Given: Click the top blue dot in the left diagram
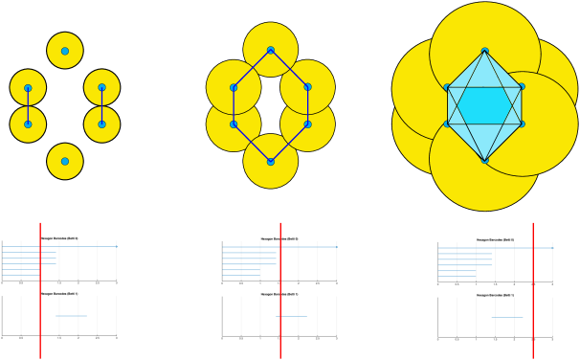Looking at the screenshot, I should coord(65,51).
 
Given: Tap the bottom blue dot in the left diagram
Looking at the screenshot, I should coord(65,161).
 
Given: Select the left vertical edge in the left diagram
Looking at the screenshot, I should coord(28,105).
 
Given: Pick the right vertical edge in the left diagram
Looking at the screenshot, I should coord(101,105).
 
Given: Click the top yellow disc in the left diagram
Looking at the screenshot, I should coord(65,38).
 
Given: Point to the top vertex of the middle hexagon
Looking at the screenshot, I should coord(271,50).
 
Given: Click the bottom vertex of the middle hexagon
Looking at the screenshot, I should coord(271,161).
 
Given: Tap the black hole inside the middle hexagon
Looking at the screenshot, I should coord(271,105).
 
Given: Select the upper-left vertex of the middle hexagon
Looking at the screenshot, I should coord(234,87).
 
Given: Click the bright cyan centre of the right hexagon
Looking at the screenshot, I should coord(484,105).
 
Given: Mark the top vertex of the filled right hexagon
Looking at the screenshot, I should coord(484,51).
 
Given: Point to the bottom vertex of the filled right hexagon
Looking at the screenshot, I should coord(484,160).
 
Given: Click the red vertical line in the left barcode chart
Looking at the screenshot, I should coord(40,287).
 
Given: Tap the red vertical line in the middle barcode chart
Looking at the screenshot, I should coord(279,287).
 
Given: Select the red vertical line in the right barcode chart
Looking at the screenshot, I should coord(532,287).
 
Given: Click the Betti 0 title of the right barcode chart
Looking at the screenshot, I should coord(495,239).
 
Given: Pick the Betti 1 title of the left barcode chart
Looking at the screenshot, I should coord(65,294).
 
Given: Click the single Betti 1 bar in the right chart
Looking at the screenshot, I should coord(507,317).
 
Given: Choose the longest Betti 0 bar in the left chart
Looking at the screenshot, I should coord(59,246).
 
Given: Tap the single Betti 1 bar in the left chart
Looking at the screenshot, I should coord(71,316).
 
